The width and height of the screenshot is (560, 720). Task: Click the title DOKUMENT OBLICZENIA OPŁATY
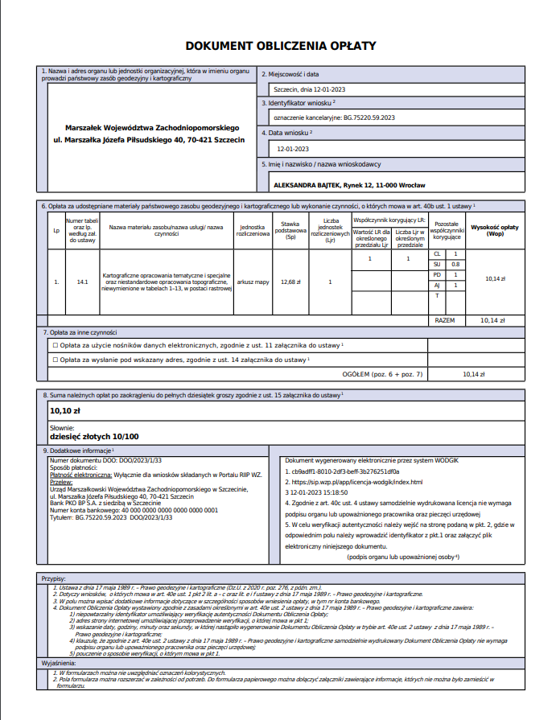point(281,47)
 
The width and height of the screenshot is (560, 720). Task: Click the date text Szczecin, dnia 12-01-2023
point(311,88)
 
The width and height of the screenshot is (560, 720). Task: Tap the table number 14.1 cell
point(82,282)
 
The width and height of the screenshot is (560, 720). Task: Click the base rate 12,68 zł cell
point(290,282)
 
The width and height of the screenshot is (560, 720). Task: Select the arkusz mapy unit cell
point(253,282)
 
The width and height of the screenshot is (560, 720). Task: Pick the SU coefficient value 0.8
point(455,264)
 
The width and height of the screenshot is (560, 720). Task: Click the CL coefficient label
point(437,253)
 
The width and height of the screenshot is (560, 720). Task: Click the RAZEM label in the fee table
point(444,319)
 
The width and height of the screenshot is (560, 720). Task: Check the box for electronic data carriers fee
point(55,345)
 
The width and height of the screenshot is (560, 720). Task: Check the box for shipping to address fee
point(55,360)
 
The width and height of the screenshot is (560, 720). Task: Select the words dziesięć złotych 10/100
point(94,436)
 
